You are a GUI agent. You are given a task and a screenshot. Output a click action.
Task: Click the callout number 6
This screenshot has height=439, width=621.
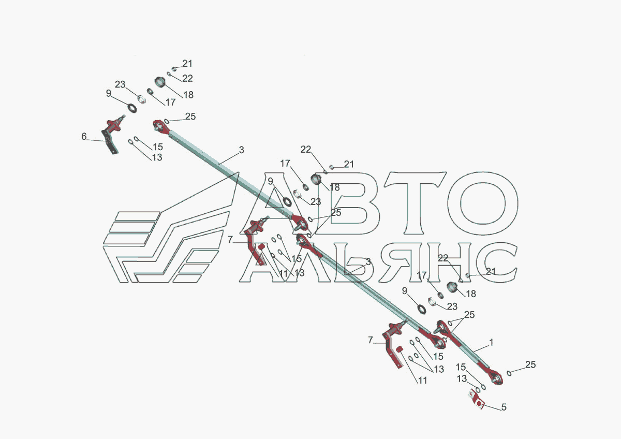[84, 137]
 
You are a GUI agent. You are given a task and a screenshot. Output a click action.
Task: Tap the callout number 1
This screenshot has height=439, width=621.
[491, 342]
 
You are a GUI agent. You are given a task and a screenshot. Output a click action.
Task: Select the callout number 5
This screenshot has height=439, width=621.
[504, 407]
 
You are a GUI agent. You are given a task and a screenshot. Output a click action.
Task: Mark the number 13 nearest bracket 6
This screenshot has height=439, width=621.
[157, 157]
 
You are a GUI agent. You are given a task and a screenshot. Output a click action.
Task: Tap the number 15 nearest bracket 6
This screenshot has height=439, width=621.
[157, 147]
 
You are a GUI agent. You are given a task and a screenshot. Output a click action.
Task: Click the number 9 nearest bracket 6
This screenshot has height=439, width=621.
[108, 94]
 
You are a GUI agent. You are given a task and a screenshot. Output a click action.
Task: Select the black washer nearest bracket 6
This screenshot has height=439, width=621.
[131, 108]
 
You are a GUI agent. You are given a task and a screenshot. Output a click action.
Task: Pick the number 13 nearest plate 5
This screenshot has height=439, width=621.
[462, 378]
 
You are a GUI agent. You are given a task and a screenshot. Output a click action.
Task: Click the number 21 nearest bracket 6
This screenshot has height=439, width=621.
[187, 64]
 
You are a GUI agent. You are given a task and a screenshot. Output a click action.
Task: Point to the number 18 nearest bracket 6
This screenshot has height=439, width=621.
[187, 95]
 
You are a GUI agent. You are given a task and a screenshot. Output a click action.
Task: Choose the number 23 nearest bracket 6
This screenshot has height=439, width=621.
[120, 84]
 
